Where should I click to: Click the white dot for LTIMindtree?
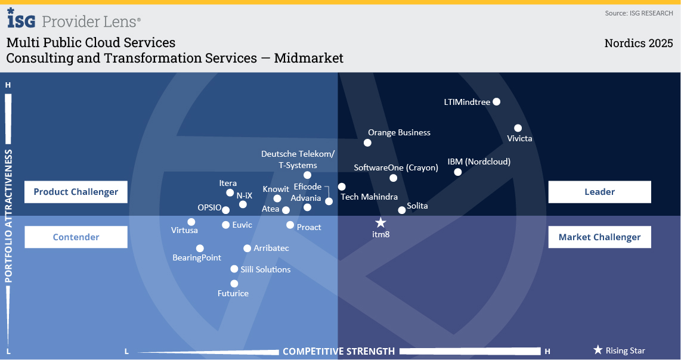click(x=497, y=102)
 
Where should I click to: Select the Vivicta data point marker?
click(x=518, y=128)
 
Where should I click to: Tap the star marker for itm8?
click(x=380, y=223)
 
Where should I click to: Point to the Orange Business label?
click(x=399, y=132)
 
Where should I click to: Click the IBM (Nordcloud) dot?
click(x=458, y=172)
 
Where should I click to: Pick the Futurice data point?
click(x=234, y=284)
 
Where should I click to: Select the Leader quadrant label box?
click(x=599, y=192)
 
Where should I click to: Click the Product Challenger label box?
click(x=76, y=192)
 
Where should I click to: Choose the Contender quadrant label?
click(x=76, y=237)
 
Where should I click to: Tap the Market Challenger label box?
click(x=599, y=237)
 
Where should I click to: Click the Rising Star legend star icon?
click(x=598, y=350)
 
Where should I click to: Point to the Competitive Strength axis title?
click(x=339, y=351)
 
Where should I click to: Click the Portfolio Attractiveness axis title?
click(x=8, y=216)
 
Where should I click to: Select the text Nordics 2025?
click(x=638, y=44)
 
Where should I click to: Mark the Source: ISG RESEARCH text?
click(x=638, y=13)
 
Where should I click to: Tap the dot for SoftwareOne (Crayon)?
click(x=394, y=178)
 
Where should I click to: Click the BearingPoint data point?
click(x=200, y=249)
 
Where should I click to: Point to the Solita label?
click(x=417, y=206)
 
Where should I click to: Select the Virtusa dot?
click(x=191, y=222)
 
